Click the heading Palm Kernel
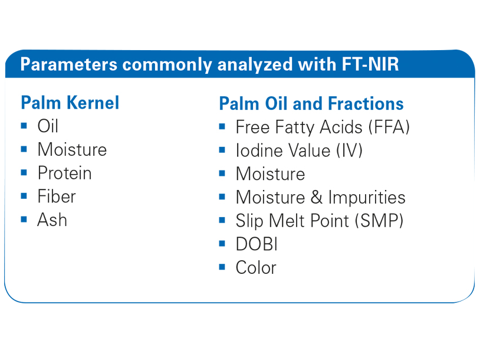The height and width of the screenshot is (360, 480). pyautogui.click(x=70, y=103)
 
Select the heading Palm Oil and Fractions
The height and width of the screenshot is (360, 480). pyautogui.click(x=311, y=103)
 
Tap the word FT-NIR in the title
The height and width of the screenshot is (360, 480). pyautogui.click(x=370, y=64)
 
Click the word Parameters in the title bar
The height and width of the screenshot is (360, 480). pyautogui.click(x=69, y=64)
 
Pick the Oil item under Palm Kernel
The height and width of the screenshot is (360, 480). pyautogui.click(x=48, y=126)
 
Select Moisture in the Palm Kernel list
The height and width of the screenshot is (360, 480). pyautogui.click(x=72, y=149)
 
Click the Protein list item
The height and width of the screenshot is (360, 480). pyautogui.click(x=65, y=173)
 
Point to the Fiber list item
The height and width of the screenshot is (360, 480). pyautogui.click(x=57, y=197)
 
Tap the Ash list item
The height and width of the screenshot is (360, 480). pyautogui.click(x=52, y=220)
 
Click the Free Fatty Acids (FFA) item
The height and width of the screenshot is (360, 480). pyautogui.click(x=323, y=127)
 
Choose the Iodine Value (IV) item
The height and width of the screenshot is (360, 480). pyautogui.click(x=299, y=150)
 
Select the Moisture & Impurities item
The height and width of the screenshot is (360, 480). pyautogui.click(x=321, y=197)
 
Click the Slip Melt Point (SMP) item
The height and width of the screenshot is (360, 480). pyautogui.click(x=320, y=221)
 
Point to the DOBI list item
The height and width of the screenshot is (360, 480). pyautogui.click(x=257, y=244)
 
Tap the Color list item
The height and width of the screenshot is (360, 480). pyautogui.click(x=256, y=268)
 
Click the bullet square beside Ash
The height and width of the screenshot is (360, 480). pyautogui.click(x=24, y=220)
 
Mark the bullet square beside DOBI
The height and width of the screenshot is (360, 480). pyautogui.click(x=222, y=244)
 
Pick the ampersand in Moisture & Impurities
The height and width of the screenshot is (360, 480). pyautogui.click(x=317, y=197)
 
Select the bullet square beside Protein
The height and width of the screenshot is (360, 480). pyautogui.click(x=24, y=172)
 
